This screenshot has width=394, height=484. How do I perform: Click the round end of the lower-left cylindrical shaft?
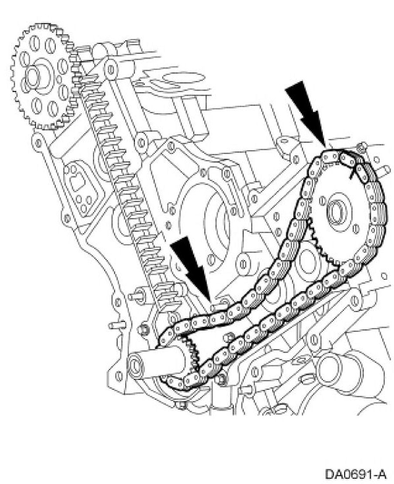tap(137, 365)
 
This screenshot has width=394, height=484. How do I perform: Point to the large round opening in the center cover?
tap(214, 218)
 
